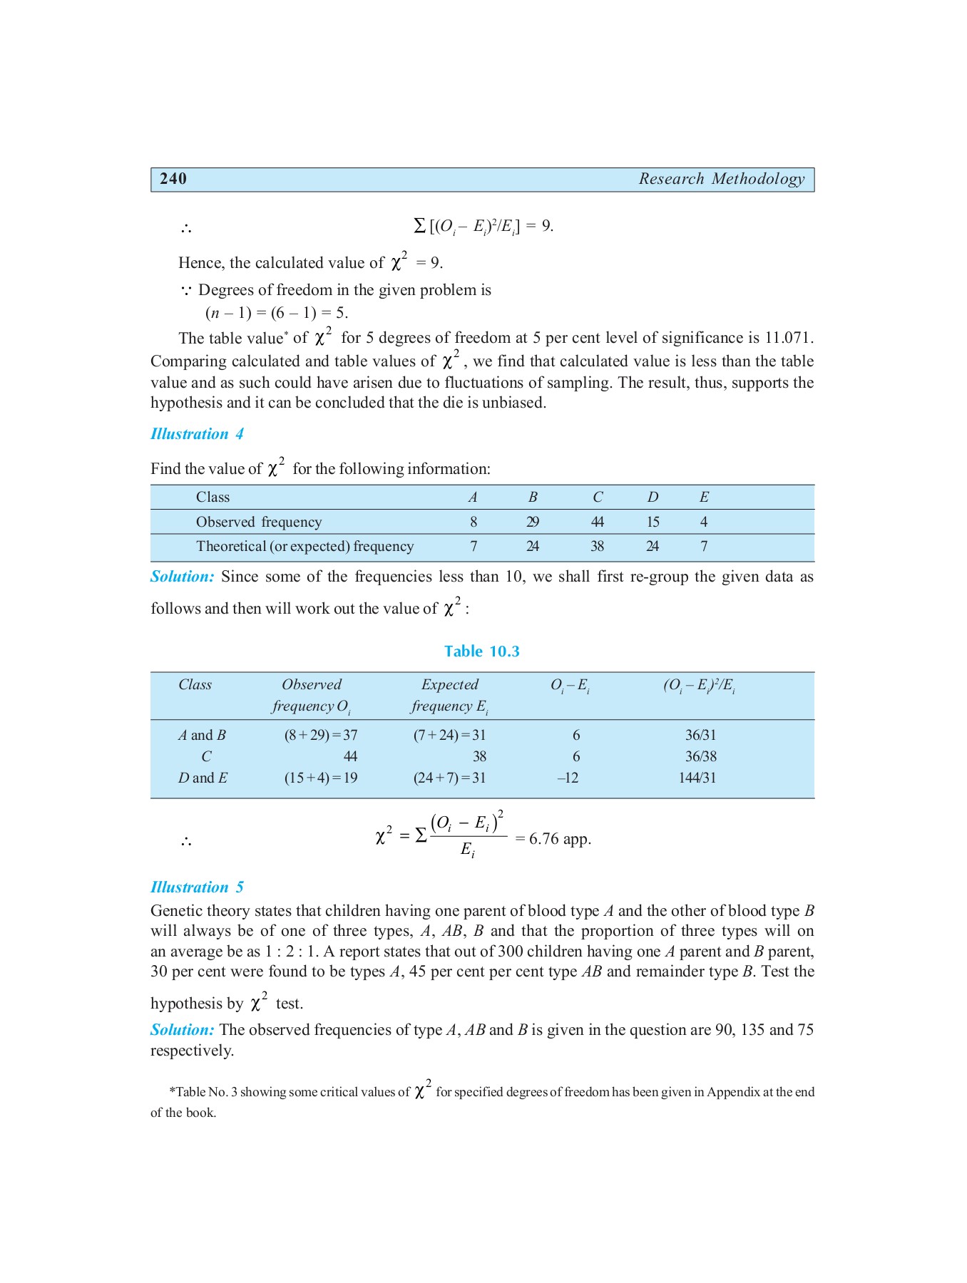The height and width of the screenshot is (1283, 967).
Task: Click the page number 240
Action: pos(173,179)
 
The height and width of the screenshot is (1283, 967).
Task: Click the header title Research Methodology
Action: pos(721,179)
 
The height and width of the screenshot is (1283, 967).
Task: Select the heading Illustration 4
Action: pos(197,434)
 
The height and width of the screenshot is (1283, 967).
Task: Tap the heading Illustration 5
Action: pos(197,887)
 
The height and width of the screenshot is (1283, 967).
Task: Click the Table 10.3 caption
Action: pos(481,651)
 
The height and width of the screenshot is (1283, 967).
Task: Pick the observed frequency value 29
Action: pos(532,522)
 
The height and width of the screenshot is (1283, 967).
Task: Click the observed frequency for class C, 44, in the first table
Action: pos(597,522)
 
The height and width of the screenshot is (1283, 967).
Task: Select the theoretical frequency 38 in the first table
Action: pos(597,547)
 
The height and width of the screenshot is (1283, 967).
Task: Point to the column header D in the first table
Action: pos(653,498)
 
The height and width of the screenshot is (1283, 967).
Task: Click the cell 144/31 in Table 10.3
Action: pos(697,778)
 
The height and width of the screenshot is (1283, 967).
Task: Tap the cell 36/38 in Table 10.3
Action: pos(700,757)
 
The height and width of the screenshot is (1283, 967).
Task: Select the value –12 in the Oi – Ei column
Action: pos(568,778)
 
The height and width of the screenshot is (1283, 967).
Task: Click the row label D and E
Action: pos(203,778)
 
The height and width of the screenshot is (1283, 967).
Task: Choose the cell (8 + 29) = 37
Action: pos(321,736)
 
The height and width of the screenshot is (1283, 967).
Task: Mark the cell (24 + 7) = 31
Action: pos(449,778)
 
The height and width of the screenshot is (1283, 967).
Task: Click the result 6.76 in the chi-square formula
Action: pos(543,839)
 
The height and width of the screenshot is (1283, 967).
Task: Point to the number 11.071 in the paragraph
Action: pos(788,338)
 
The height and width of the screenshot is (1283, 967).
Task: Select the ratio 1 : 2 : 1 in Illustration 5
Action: pos(291,952)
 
